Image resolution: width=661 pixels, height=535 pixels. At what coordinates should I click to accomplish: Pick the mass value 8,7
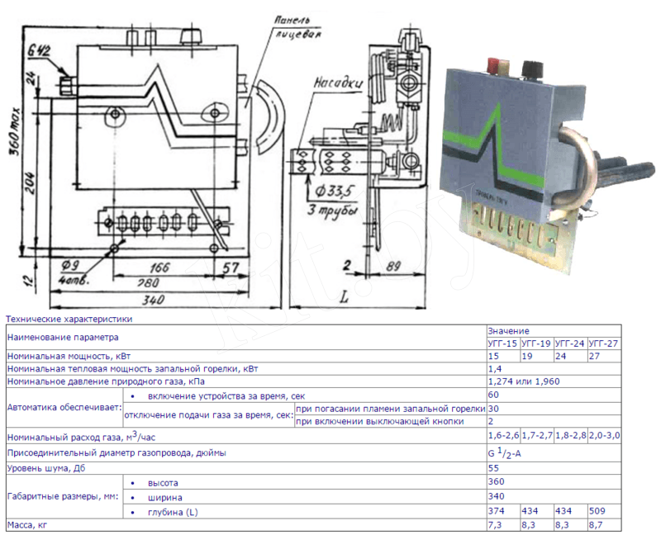click(x=596, y=524)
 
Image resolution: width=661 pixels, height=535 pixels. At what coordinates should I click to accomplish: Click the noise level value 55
click(x=493, y=467)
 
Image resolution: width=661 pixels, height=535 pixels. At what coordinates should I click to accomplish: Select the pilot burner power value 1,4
click(x=494, y=368)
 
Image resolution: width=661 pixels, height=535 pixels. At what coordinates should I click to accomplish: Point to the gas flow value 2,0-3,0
click(x=605, y=435)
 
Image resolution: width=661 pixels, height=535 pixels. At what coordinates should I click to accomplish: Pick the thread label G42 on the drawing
click(x=39, y=52)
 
